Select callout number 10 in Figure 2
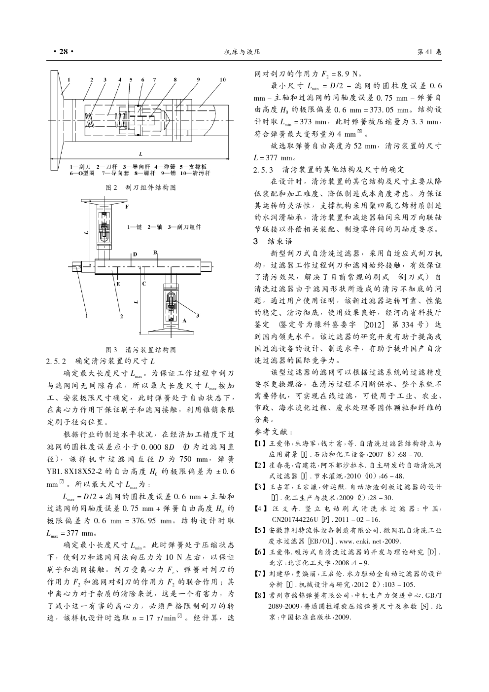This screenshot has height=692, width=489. click(x=222, y=79)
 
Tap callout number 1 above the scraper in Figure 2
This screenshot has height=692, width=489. click(x=69, y=79)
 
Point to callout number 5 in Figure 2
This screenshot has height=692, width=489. click(x=131, y=79)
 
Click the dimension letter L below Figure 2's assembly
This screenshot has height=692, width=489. click(x=141, y=153)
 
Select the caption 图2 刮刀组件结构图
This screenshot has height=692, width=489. click(x=141, y=187)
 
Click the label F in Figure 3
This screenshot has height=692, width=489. click(x=127, y=206)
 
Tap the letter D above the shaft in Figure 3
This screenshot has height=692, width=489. click(x=134, y=254)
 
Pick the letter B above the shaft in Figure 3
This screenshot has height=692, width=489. click(x=155, y=252)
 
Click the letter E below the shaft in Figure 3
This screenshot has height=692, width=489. click(x=118, y=284)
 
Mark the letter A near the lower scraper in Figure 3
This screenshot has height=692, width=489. click(x=184, y=320)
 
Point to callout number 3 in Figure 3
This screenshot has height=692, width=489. click(x=198, y=315)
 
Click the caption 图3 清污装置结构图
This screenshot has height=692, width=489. click(x=141, y=350)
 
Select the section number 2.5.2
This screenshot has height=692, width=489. click(x=56, y=361)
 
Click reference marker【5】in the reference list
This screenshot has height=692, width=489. click(x=257, y=531)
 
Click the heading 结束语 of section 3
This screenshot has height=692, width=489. click(x=280, y=241)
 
